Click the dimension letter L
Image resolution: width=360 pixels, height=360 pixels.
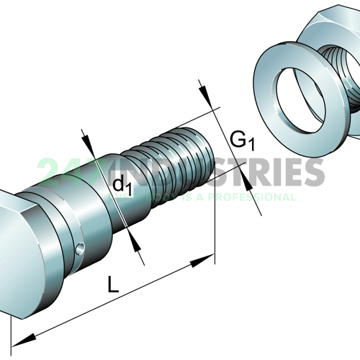tap(112, 284)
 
